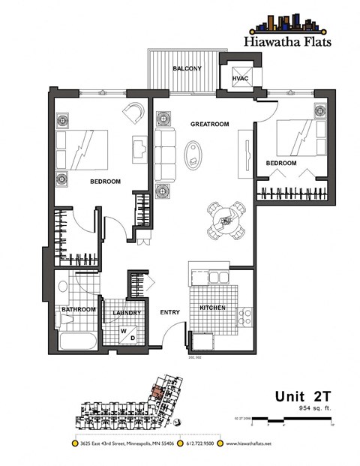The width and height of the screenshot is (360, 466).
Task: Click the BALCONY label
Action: [x=184, y=69]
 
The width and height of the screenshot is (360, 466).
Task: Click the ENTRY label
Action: [x=169, y=313]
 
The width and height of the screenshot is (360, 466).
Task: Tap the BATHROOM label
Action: [x=77, y=310]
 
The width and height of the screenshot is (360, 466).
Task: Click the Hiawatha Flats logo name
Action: [x=281, y=42]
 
